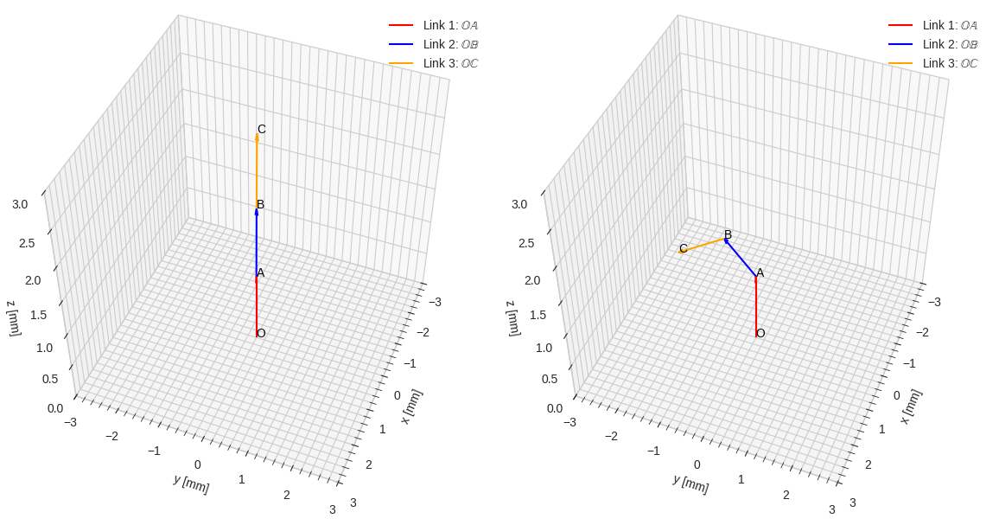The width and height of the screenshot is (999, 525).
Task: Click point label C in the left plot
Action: [262, 129]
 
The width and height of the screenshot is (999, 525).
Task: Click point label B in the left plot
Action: [260, 204]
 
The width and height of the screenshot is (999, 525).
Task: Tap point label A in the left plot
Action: [260, 272]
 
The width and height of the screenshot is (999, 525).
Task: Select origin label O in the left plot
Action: [261, 333]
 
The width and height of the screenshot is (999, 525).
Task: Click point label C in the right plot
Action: [683, 248]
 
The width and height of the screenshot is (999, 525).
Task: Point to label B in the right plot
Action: [728, 234]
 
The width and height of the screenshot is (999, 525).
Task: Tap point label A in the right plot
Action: [760, 272]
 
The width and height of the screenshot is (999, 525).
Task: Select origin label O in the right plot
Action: [760, 333]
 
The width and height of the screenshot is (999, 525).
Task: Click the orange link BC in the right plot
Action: [703, 245]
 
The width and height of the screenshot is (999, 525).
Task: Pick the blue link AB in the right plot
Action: [741, 258]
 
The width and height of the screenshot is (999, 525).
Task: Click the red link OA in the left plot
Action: [257, 307]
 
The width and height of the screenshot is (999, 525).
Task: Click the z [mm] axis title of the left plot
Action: [12, 317]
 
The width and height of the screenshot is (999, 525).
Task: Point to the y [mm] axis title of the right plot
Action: [690, 483]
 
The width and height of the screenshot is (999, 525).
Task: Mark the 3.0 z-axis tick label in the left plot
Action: [20, 204]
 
